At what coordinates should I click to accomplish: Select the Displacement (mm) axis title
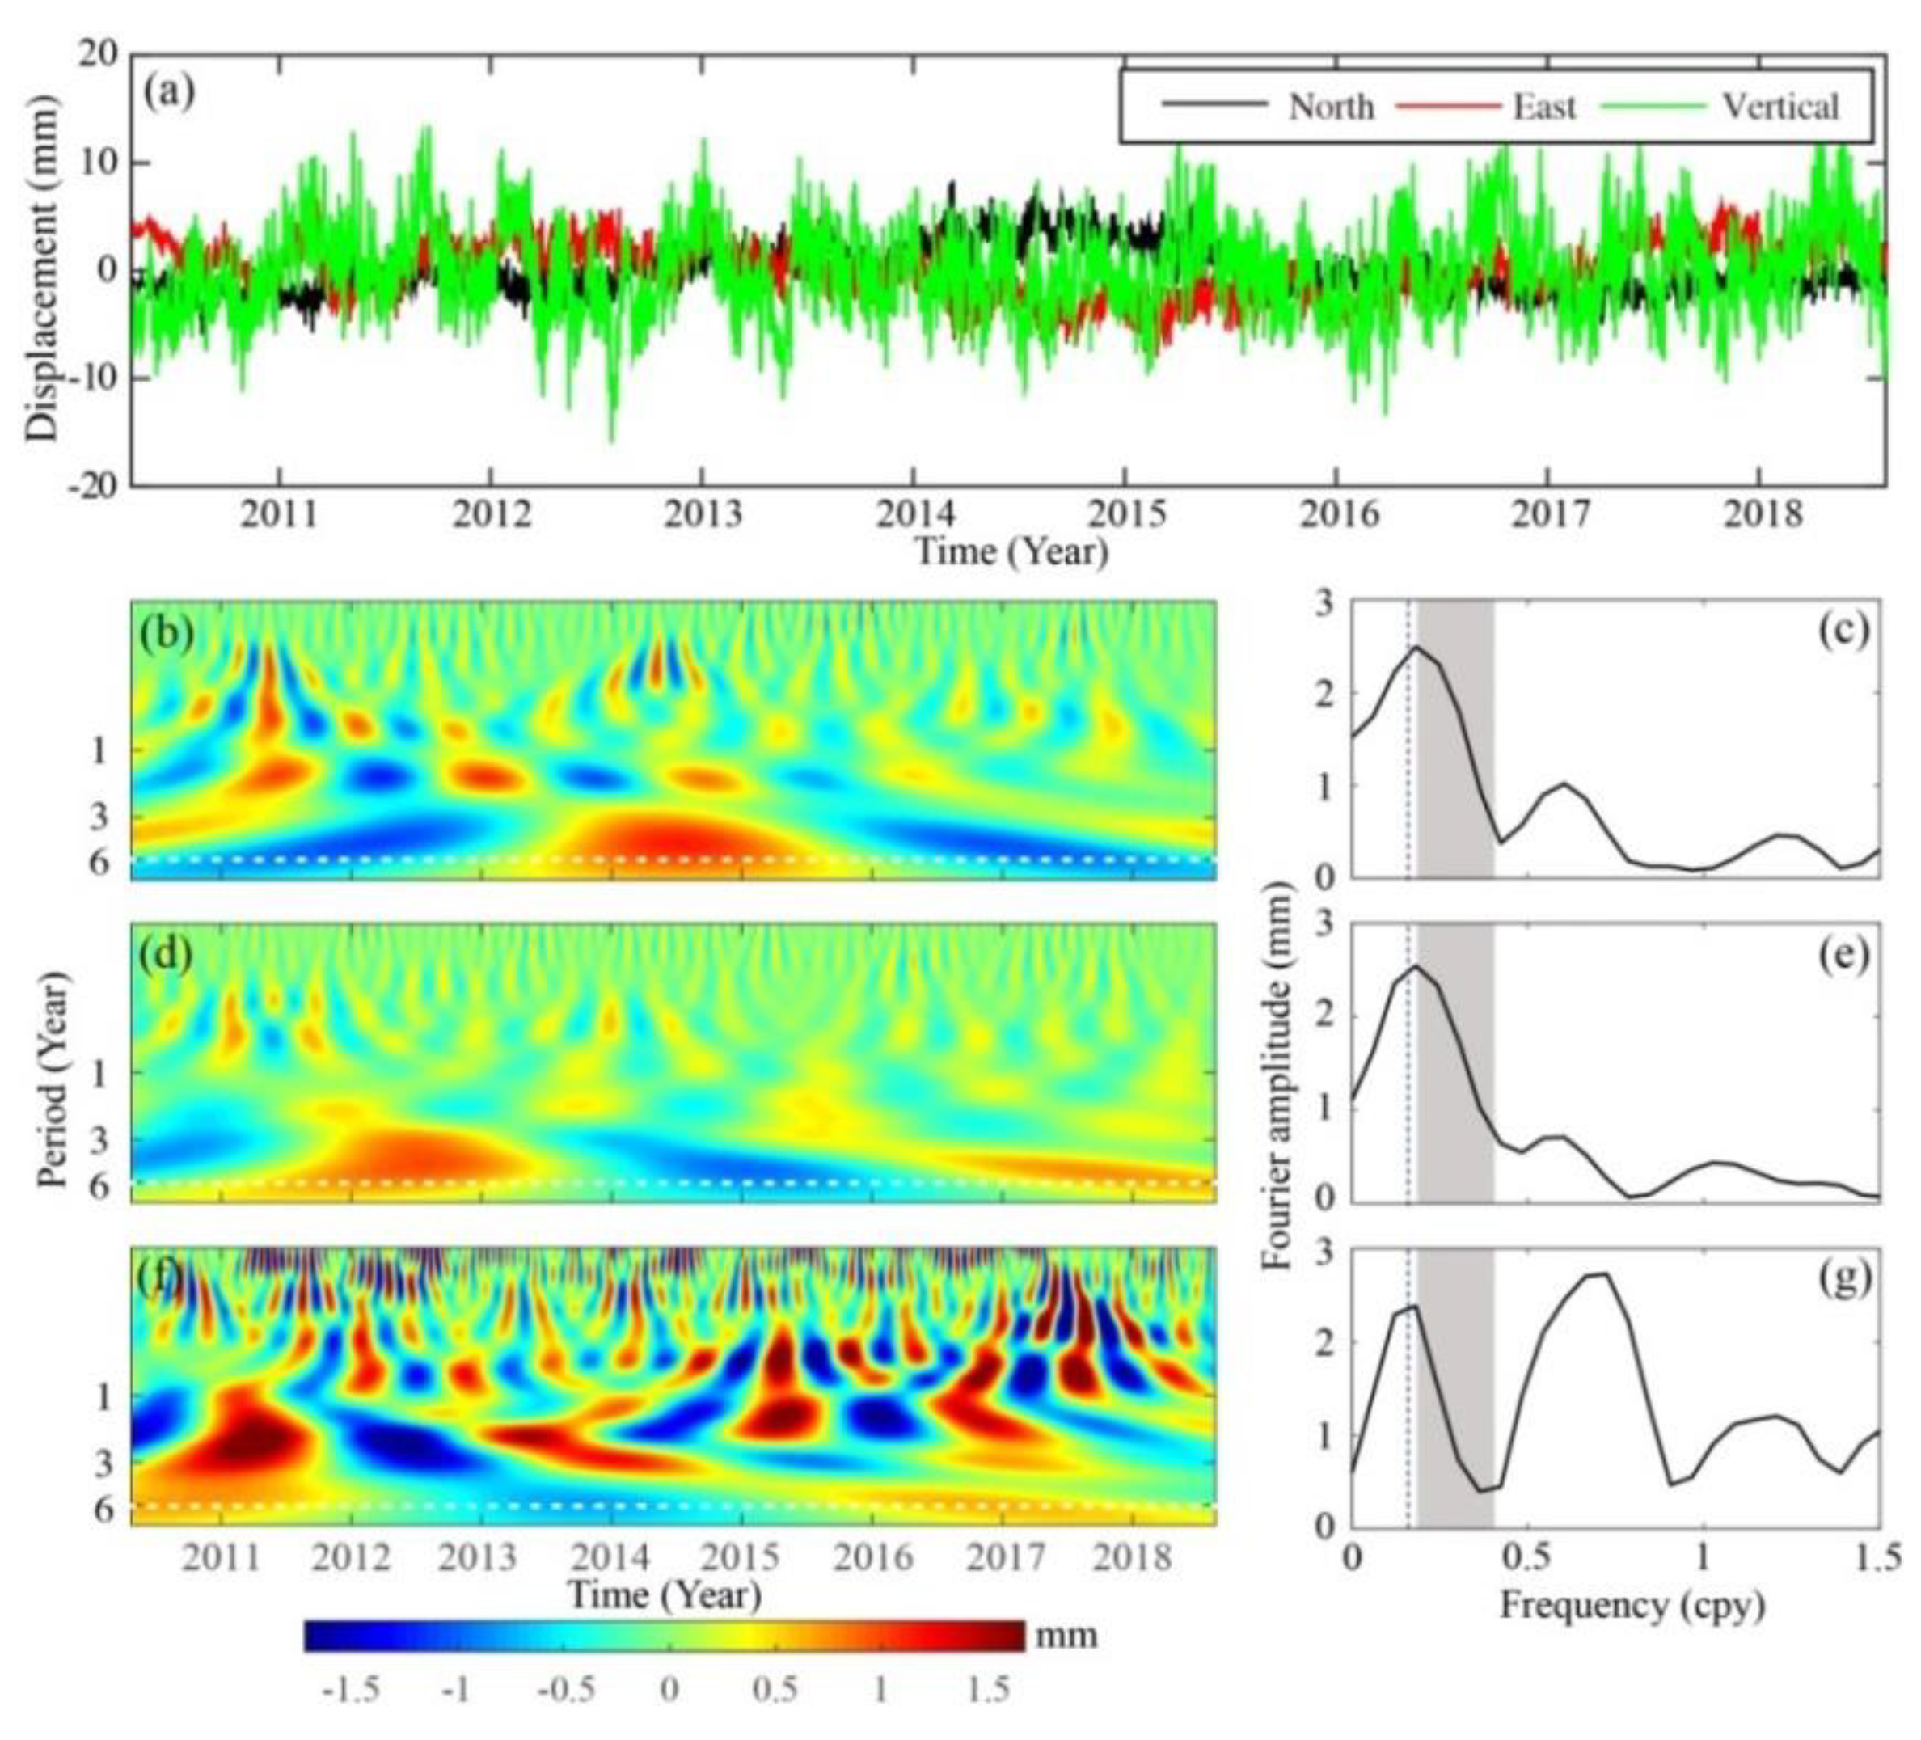click(43, 270)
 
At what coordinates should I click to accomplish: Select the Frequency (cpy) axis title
click(1632, 1606)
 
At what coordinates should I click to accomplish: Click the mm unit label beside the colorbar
click(1066, 1637)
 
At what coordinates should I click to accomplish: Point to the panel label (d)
click(167, 954)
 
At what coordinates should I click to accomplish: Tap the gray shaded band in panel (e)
click(1456, 1077)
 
